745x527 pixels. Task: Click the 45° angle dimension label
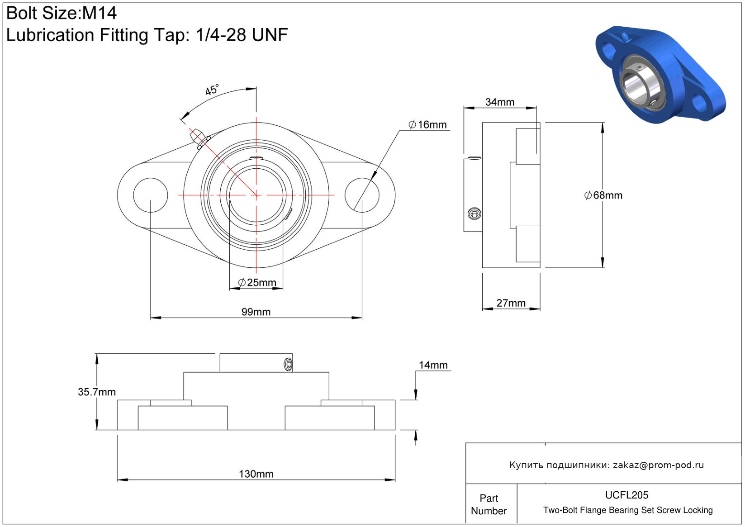tap(212, 90)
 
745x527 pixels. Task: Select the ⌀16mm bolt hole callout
tap(427, 124)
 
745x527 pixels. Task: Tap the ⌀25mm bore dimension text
tap(257, 283)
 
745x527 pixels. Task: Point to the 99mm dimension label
tap(256, 312)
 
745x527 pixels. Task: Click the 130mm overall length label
tap(256, 474)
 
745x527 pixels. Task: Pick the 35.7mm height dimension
tap(96, 392)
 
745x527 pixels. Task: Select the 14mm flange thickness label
tap(433, 365)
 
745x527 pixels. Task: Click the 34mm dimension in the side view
tap(500, 102)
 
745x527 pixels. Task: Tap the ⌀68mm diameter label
tap(603, 195)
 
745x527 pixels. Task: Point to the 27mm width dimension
tap(511, 303)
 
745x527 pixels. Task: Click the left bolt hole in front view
tap(151, 195)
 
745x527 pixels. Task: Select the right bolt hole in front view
tap(362, 195)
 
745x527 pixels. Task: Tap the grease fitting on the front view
tap(198, 137)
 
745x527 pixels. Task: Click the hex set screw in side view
tap(475, 214)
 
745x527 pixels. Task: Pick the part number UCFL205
tap(626, 495)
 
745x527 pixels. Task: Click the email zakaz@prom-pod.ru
tap(658, 465)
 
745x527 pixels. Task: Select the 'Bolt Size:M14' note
tap(62, 13)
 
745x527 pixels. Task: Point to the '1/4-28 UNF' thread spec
tap(242, 35)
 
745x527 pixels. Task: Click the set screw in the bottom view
tap(288, 364)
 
